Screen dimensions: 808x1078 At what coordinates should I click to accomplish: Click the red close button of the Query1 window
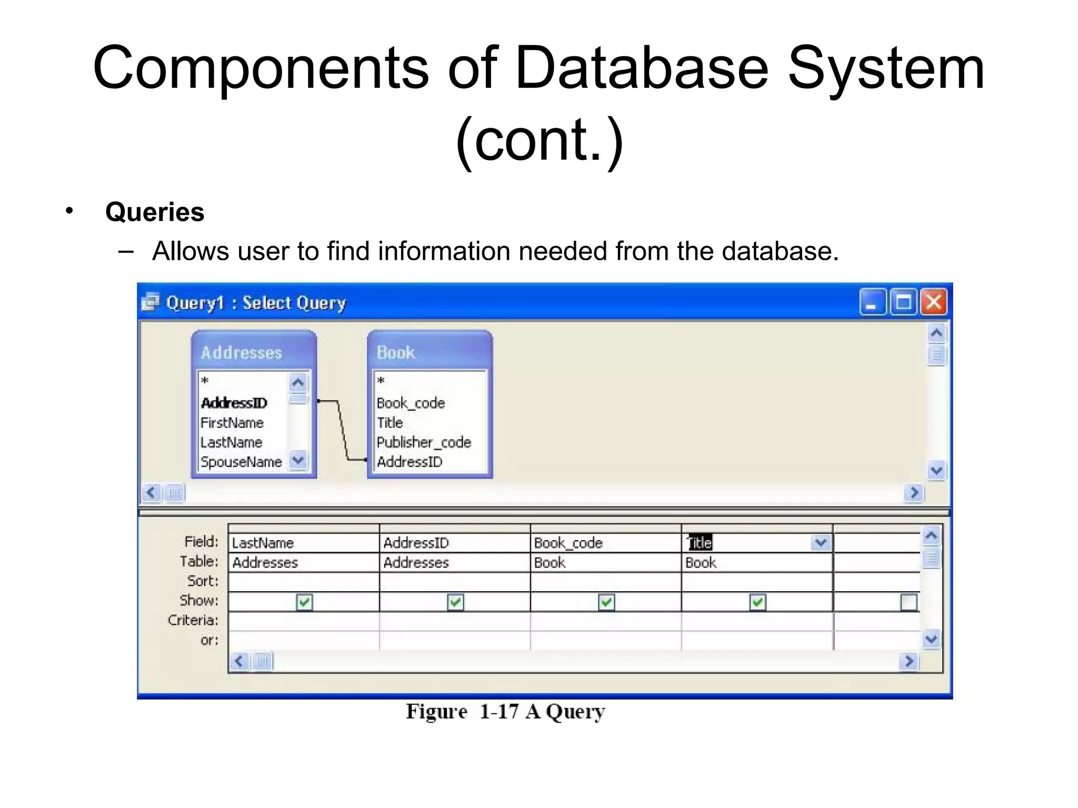coord(934,302)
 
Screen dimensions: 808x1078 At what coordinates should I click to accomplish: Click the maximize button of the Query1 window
coord(903,302)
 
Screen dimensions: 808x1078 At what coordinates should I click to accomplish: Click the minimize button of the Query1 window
coord(873,302)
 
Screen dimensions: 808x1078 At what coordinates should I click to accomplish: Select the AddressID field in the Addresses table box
coord(234,403)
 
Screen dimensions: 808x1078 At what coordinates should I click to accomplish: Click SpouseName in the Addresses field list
coord(241,462)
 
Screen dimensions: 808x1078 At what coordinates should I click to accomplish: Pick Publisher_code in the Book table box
coord(424,442)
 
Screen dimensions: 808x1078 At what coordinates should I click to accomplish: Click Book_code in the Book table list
coord(411,403)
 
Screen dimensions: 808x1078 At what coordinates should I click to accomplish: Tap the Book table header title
coord(396,352)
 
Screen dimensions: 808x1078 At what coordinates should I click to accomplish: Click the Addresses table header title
coord(242,352)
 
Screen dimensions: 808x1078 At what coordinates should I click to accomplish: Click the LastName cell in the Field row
coord(263,543)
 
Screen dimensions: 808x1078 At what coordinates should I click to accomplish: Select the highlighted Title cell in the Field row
coord(700,543)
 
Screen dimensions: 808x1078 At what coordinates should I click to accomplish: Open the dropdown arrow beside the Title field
coord(821,542)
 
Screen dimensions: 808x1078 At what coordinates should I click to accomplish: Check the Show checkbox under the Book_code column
coord(606,602)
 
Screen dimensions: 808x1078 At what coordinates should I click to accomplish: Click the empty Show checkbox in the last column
coord(909,602)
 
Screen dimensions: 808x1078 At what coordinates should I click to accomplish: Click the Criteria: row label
coord(193,621)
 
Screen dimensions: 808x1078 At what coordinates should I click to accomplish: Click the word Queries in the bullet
coord(155,212)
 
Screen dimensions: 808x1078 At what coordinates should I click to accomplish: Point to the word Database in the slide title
coord(642,68)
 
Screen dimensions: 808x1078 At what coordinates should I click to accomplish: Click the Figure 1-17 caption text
coord(505,711)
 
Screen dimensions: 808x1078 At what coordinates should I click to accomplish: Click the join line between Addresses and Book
coord(343,431)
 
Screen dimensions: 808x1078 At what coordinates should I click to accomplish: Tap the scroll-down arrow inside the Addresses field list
coord(298,460)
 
